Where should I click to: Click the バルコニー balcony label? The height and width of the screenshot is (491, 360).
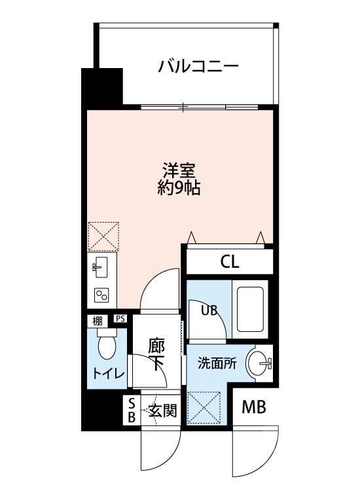point(197,67)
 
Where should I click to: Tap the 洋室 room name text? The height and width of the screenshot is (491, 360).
point(178,170)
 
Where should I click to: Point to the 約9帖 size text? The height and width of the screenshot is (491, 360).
point(178,189)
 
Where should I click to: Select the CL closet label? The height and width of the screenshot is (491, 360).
point(230,263)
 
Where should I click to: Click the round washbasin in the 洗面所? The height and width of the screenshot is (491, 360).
point(261,363)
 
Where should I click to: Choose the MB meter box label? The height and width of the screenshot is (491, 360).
point(253,408)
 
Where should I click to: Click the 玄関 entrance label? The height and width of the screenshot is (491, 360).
point(162,411)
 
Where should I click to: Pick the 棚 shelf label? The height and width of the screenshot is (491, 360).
point(97,321)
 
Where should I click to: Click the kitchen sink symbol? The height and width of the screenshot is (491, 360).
point(101,266)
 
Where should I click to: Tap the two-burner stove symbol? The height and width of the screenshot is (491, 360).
point(101,295)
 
